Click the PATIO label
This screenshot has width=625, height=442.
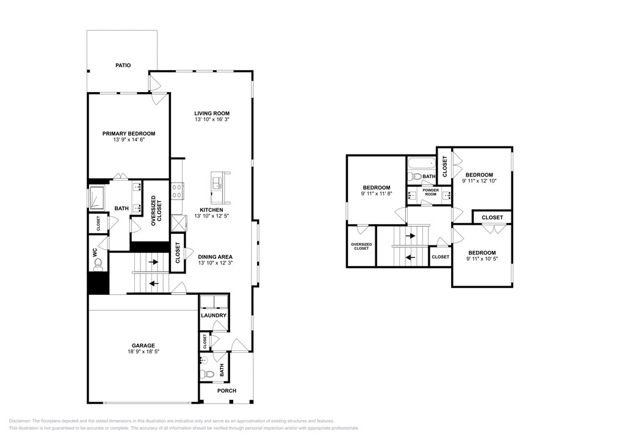[123, 65]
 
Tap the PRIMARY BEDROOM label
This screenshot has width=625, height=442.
[129, 134]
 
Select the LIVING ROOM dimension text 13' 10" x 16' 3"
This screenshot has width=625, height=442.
[212, 119]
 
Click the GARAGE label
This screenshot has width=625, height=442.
[143, 346]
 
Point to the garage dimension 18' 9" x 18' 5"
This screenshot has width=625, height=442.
[143, 352]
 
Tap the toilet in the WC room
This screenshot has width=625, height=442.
[98, 264]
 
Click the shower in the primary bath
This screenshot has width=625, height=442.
[96, 198]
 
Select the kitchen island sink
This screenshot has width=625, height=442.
[218, 183]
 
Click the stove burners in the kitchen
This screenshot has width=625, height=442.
[177, 191]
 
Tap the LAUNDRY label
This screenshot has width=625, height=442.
[214, 315]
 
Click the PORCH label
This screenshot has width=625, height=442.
[227, 391]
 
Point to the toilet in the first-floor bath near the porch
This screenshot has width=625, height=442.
[206, 374]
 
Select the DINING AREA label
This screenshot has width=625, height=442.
[215, 257]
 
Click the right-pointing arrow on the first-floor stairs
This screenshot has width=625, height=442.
[153, 262]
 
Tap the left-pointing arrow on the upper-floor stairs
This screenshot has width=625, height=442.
[410, 257]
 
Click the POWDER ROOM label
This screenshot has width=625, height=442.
[430, 192]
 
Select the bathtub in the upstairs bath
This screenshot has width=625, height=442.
[421, 164]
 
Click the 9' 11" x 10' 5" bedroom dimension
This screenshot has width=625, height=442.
[482, 259]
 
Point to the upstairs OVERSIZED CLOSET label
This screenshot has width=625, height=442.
[361, 246]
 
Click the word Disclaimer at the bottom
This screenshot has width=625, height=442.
[19, 421]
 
